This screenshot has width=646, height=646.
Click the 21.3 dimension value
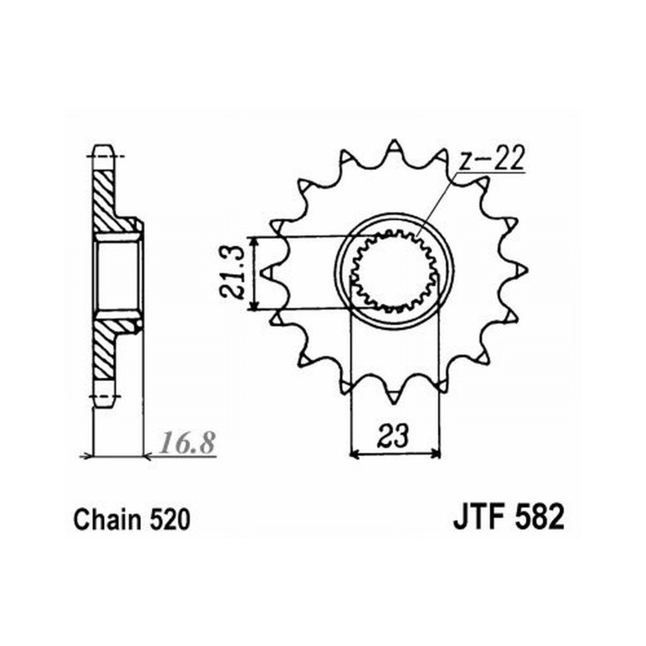233,273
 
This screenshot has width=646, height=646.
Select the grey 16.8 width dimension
187,443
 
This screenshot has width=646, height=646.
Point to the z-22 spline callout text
491,158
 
